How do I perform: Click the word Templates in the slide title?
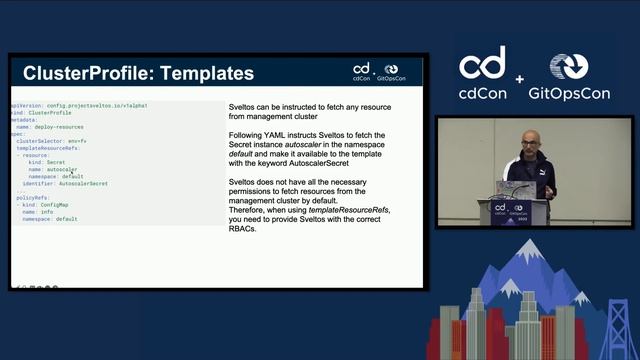pyautogui.click(x=208, y=73)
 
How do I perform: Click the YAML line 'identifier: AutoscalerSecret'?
pyautogui.click(x=65, y=184)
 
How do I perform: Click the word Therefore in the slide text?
pyautogui.click(x=249, y=209)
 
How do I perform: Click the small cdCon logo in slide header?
pyautogui.click(x=362, y=70)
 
